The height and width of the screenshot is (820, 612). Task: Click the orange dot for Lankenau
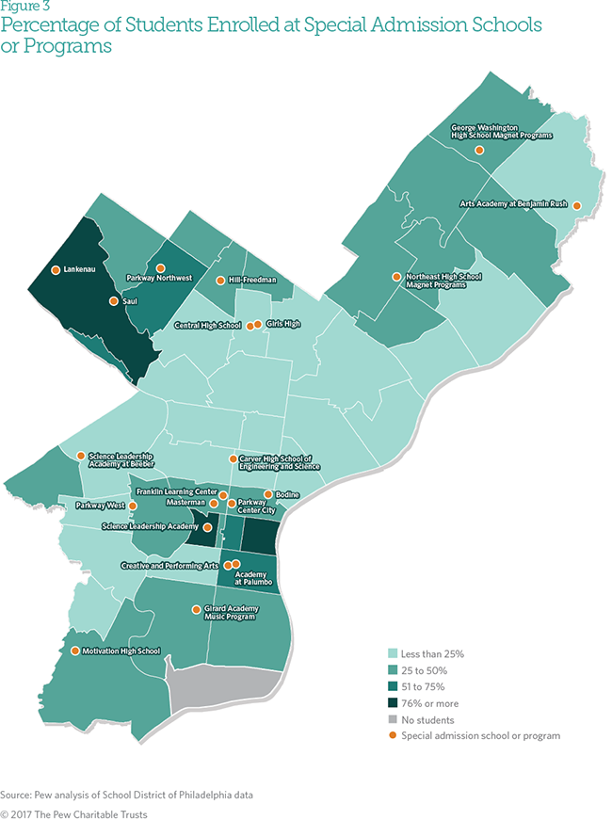point(56,269)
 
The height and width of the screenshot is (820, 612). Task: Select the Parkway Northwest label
point(159,279)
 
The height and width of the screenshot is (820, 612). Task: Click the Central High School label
point(208,326)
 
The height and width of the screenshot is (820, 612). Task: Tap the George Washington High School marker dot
point(479,150)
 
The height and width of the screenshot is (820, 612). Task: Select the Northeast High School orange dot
point(396,277)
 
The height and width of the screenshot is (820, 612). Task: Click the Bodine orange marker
point(268,493)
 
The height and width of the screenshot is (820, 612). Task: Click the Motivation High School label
point(121,651)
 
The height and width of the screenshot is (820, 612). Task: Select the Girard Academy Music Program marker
point(196,609)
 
